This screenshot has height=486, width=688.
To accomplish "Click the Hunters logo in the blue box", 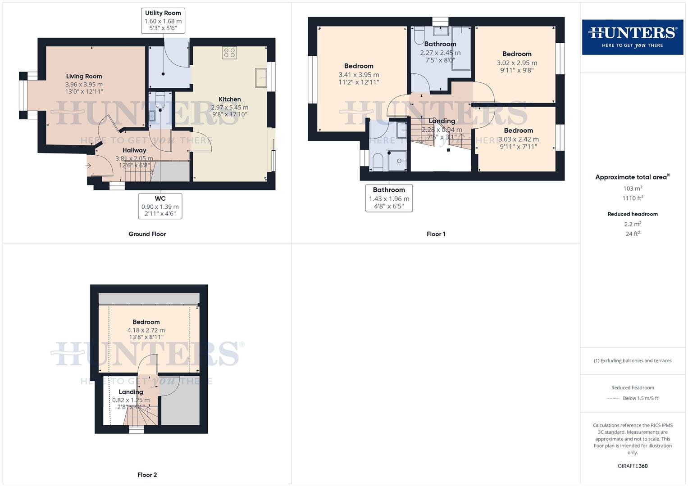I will (x=632, y=37).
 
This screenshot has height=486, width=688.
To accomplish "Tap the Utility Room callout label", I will (x=163, y=21).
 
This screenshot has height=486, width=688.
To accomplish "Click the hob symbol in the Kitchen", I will (x=229, y=53).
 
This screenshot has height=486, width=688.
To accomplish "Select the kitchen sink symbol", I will (x=260, y=77).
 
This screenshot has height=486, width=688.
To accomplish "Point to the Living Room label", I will (x=84, y=76).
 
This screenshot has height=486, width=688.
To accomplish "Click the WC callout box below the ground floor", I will (x=160, y=206).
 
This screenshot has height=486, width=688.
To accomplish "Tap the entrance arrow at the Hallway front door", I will (x=88, y=166).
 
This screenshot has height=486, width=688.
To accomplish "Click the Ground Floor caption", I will (x=147, y=234).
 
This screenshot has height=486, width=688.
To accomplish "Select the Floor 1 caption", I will (x=436, y=234).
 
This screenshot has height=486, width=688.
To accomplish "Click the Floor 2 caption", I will (x=147, y=475).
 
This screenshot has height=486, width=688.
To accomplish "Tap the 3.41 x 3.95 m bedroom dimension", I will (x=359, y=75).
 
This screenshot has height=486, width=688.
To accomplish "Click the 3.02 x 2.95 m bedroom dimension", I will (x=517, y=63).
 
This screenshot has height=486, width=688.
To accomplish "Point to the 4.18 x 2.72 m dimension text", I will (x=146, y=330).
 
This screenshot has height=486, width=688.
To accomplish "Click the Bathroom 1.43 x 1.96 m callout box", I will (x=389, y=198).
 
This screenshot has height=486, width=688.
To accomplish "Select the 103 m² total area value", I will (x=633, y=189).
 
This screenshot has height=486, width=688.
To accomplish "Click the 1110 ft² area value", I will (x=633, y=198).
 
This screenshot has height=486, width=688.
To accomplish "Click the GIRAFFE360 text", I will (x=633, y=466).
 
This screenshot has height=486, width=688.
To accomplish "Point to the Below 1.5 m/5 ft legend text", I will (x=640, y=398).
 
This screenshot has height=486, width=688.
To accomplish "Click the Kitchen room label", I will (x=230, y=99).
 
